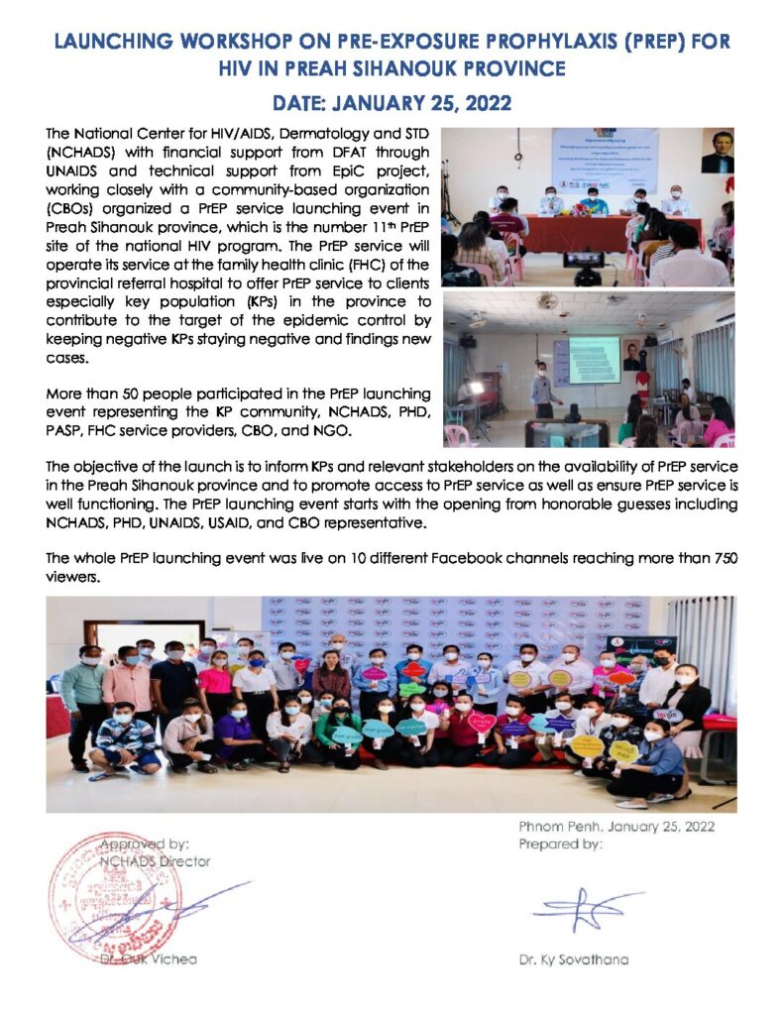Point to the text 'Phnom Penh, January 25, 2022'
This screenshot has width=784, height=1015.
coord(616,827)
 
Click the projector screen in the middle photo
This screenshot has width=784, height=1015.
coord(594,359)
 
